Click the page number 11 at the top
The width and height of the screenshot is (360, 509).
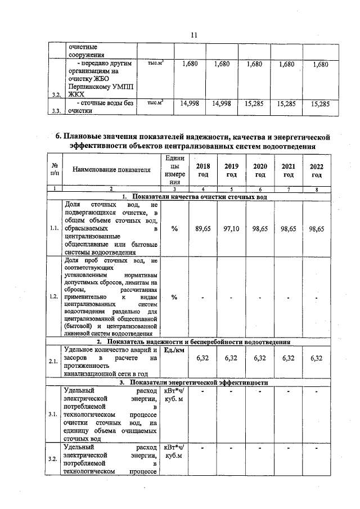pos(193,35)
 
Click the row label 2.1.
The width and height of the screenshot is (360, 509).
pos(54,362)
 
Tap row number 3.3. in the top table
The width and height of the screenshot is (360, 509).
pos(55,111)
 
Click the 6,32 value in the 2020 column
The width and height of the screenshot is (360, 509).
pos(260,358)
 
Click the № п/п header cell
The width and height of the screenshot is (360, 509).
pos(55,170)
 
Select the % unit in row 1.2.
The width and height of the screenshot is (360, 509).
pos(174,298)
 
